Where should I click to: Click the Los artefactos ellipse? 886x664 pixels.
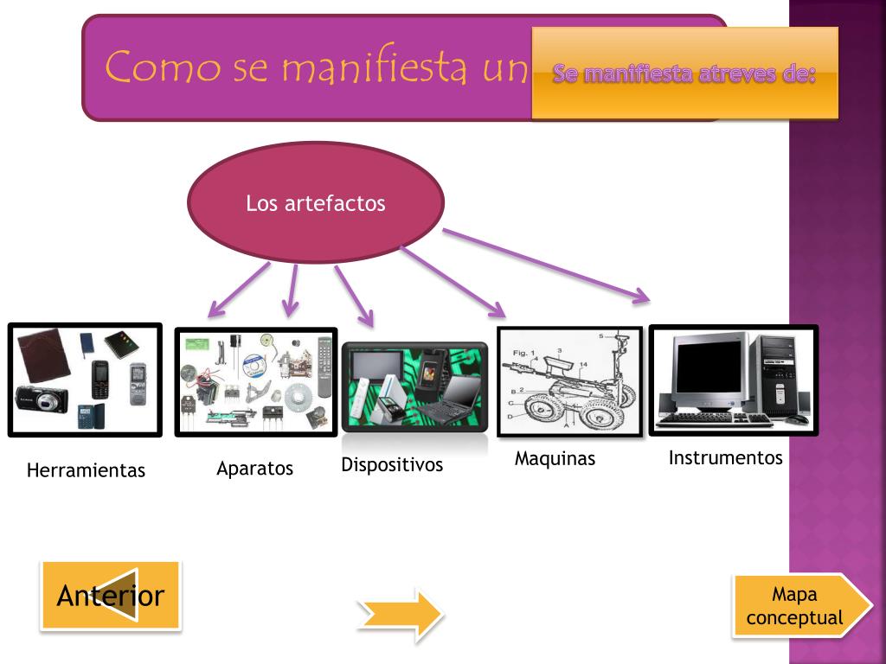click(316, 203)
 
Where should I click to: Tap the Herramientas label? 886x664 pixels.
click(86, 471)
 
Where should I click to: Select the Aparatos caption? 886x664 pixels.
click(254, 469)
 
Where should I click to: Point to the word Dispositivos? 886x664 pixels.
click(392, 465)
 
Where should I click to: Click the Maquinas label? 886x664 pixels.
click(555, 459)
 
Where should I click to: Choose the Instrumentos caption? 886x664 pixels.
click(725, 458)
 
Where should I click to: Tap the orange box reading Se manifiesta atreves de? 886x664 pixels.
click(684, 73)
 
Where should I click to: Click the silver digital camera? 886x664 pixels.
click(42, 399)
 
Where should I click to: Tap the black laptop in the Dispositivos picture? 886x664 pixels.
click(451, 398)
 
